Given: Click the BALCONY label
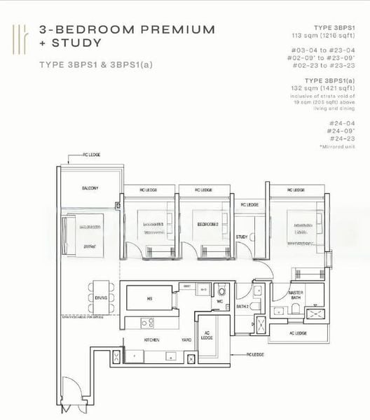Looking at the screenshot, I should pyautogui.click(x=88, y=188).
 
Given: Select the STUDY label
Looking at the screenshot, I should pyautogui.click(x=242, y=237).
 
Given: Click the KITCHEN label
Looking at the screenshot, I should pyautogui.click(x=152, y=339).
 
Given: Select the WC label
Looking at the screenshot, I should pyautogui.click(x=219, y=302).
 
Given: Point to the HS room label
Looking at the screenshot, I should pyautogui.click(x=149, y=299).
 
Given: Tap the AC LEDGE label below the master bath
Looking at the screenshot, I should pyautogui.click(x=298, y=333).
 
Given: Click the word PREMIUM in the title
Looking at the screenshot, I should pyautogui.click(x=179, y=29).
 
